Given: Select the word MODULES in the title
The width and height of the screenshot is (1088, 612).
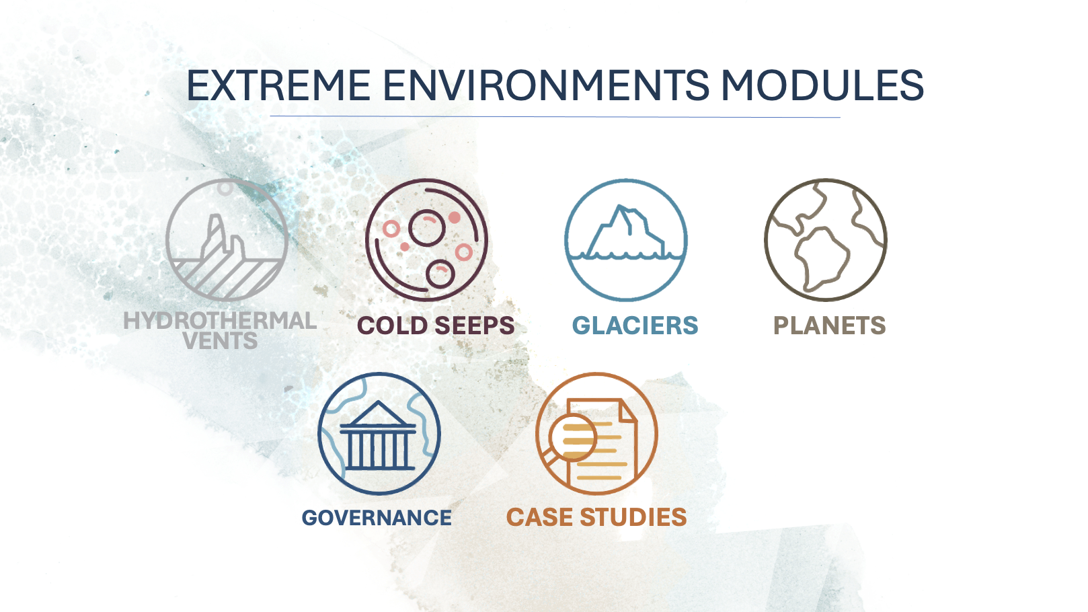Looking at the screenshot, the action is (822, 85).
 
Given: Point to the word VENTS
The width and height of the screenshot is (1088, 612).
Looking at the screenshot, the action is (221, 341).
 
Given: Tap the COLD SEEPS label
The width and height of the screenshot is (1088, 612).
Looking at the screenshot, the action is (436, 326).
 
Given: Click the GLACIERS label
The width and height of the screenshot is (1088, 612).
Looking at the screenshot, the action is (635, 326).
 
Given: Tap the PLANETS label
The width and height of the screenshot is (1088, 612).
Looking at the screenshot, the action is (830, 326).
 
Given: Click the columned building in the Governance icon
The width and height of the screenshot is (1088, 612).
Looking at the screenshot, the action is (378, 436).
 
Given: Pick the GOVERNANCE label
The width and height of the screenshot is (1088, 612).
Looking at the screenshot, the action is (377, 518).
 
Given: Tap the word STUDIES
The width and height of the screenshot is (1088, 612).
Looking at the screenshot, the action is (633, 517).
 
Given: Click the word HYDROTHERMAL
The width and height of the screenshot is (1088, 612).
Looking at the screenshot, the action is (220, 321).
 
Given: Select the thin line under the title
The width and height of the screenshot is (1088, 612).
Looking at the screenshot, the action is (555, 116).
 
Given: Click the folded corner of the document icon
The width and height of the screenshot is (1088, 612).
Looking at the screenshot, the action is (627, 411).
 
